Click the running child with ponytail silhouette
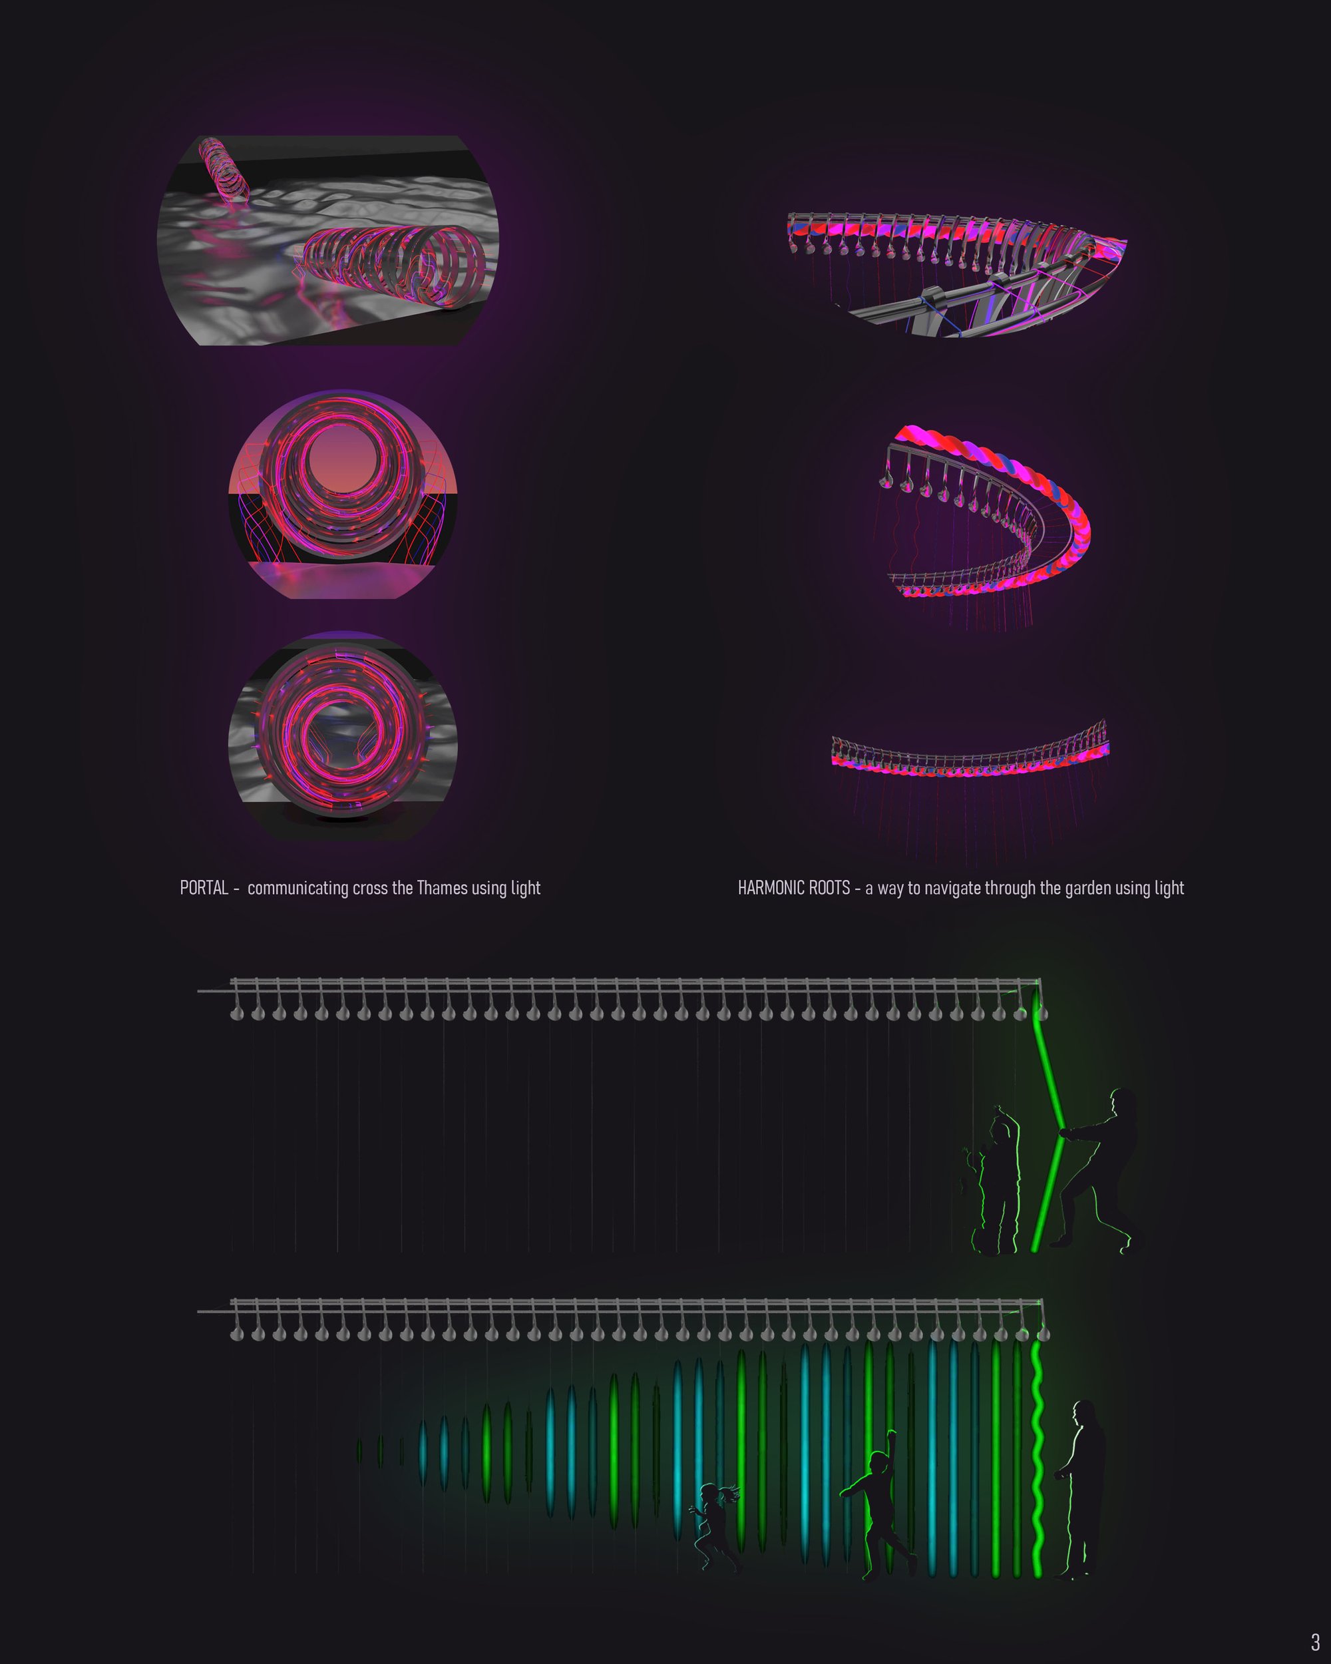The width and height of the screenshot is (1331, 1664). (715, 1527)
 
